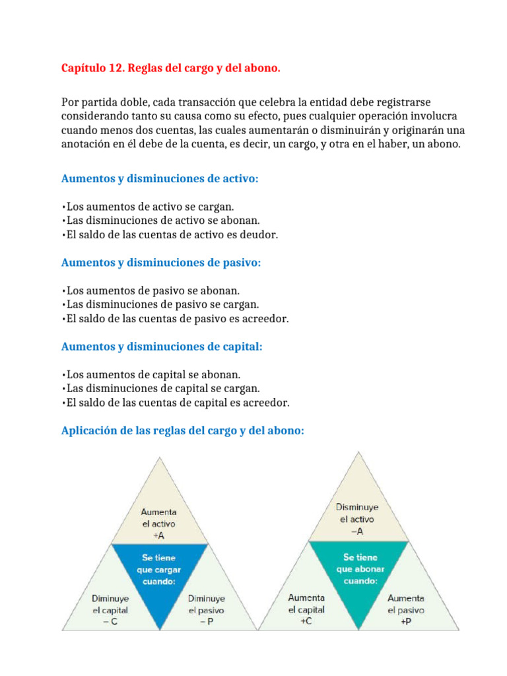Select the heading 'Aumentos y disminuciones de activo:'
160,179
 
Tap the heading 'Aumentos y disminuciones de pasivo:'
161,263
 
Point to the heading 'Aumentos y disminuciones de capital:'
162,347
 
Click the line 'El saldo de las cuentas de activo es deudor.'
170,235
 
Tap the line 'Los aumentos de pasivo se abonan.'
151,291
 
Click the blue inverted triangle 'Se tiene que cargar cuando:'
160,570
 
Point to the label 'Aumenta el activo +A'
159,523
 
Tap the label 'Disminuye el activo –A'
357,519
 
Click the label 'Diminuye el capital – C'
110,610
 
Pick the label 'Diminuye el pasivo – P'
207,610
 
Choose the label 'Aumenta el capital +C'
306,609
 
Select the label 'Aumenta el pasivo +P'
406,609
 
